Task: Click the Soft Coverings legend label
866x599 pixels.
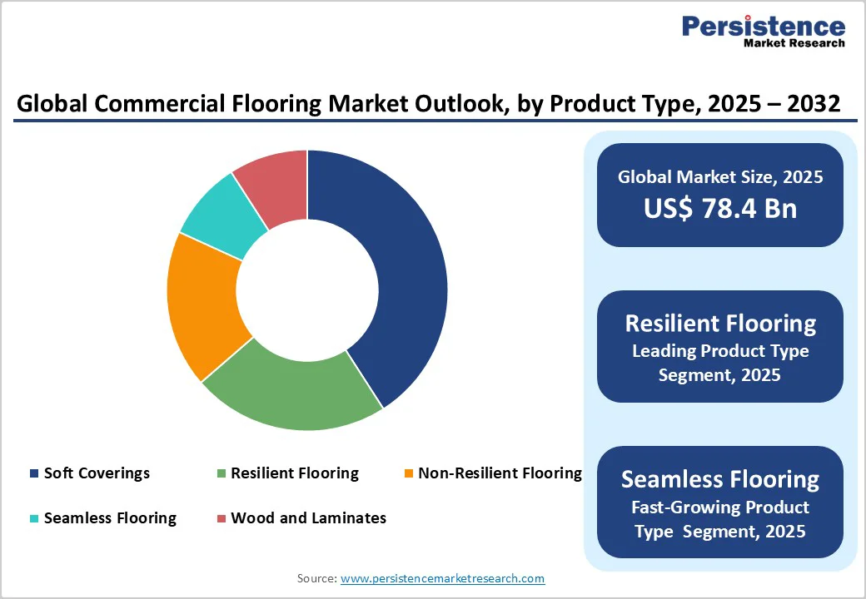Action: (x=97, y=473)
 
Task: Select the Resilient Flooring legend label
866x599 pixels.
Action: (x=295, y=473)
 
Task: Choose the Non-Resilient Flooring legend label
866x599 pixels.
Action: (x=500, y=473)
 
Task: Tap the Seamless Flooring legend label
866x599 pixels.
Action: (x=110, y=518)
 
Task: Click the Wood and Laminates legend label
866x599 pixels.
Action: (x=308, y=518)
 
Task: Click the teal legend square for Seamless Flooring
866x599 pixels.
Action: (x=34, y=519)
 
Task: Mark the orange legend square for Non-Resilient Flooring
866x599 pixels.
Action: (x=408, y=474)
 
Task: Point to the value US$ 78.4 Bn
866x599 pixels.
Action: (x=719, y=209)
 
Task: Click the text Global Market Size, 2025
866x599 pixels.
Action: (x=719, y=176)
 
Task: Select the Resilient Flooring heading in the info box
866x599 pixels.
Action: (x=719, y=323)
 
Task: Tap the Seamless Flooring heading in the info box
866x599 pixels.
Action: (x=719, y=479)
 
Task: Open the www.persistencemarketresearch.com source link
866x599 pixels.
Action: (x=442, y=578)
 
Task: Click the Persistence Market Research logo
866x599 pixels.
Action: (x=763, y=31)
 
